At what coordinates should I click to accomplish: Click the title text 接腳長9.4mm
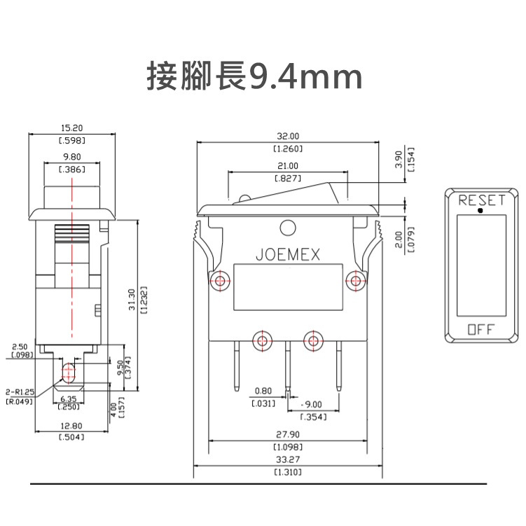tap(255, 76)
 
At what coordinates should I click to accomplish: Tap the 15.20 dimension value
tap(71, 127)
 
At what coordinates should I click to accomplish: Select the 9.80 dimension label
tap(72, 157)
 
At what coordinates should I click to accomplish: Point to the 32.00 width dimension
tap(288, 136)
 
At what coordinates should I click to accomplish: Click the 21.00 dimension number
tap(288, 166)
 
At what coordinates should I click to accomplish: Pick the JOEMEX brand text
tap(288, 255)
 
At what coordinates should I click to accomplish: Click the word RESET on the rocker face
tap(481, 200)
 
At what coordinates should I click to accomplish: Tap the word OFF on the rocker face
tap(481, 330)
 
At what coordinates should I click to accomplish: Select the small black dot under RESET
tap(480, 211)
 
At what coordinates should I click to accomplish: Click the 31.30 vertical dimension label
tap(132, 299)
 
